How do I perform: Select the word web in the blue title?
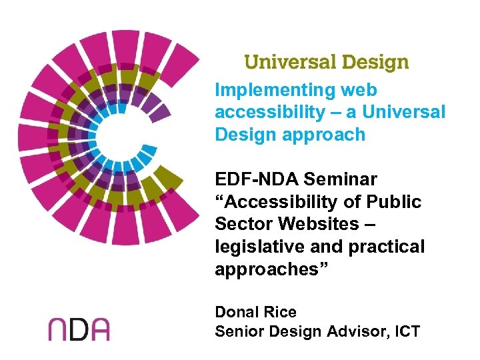pyautogui.click(x=359, y=90)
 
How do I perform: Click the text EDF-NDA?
pyautogui.click(x=256, y=179)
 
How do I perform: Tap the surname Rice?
pyautogui.click(x=279, y=312)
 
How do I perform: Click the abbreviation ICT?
pyautogui.click(x=407, y=331)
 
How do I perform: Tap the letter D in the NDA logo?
pyautogui.click(x=79, y=329)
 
